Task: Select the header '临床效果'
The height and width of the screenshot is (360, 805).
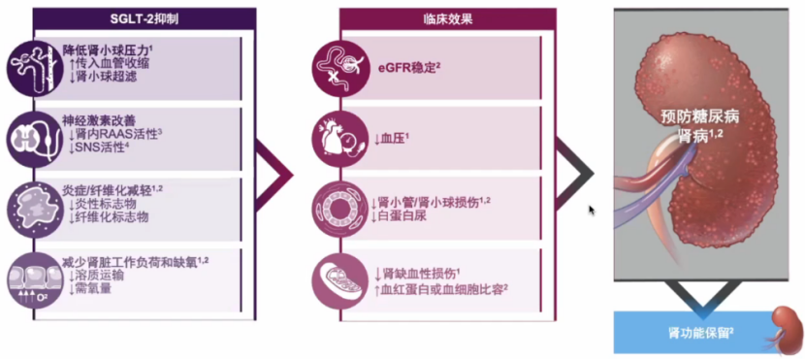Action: click(x=447, y=18)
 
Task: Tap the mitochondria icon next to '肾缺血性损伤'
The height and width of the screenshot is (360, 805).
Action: click(x=339, y=280)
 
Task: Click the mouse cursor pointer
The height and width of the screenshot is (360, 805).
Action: click(x=592, y=209)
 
